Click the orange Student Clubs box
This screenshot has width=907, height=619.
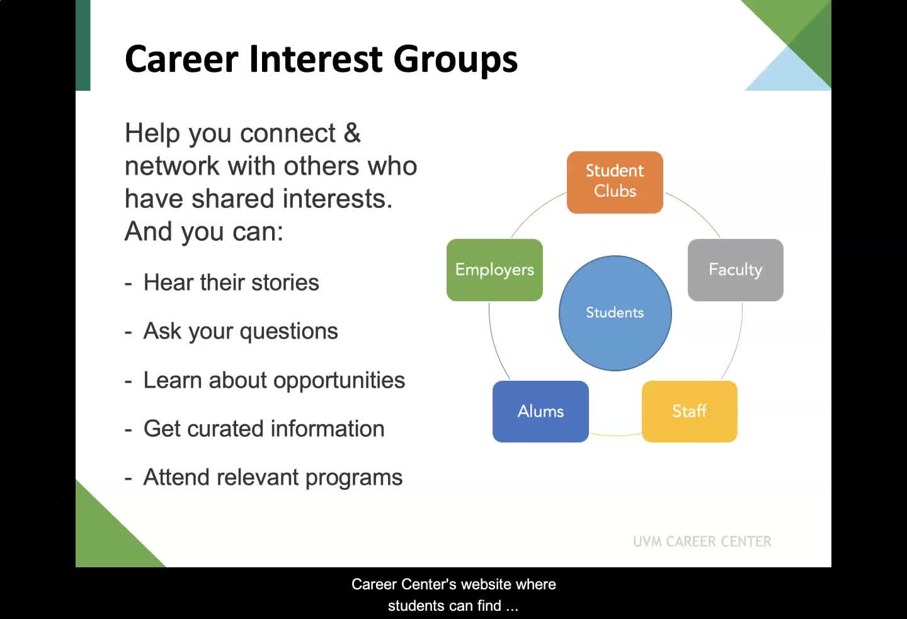click(x=615, y=182)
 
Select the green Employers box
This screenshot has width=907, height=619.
click(x=494, y=270)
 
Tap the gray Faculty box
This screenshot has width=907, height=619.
click(x=735, y=270)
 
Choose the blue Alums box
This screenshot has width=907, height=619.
click(x=540, y=411)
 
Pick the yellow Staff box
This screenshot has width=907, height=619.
click(x=690, y=411)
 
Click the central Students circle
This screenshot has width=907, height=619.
click(x=615, y=313)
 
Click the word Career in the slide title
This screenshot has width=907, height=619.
click(x=181, y=59)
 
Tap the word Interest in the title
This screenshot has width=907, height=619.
click(x=316, y=59)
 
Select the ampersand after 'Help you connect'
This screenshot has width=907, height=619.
click(x=352, y=133)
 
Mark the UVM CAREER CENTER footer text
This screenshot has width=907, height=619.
click(x=702, y=541)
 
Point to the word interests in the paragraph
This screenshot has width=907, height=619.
click(x=338, y=199)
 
